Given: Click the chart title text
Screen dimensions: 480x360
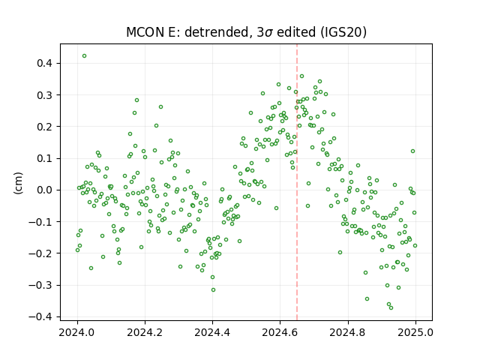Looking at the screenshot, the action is [246, 32].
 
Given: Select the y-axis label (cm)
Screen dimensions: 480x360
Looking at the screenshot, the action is [18, 183].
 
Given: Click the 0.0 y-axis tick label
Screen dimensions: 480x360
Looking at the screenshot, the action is [46, 190].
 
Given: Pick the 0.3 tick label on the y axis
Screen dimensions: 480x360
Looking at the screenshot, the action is [46, 95].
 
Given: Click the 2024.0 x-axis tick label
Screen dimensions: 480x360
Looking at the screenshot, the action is [77, 332].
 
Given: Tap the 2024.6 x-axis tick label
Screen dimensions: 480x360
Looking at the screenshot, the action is [280, 332].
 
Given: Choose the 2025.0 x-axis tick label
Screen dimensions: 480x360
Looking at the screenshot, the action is [415, 332].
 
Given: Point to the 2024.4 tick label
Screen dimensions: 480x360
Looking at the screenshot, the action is [212, 332].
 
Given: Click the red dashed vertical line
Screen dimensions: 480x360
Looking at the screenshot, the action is [297, 182].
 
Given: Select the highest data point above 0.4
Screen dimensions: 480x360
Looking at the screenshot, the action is [84, 56].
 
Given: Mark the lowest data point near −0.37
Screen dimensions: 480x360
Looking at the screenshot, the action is [391, 307].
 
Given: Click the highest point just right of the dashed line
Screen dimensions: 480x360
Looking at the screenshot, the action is [301, 76].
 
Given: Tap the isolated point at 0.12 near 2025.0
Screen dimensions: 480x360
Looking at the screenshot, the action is [412, 151].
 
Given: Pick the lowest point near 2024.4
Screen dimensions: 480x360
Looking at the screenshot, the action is [213, 290].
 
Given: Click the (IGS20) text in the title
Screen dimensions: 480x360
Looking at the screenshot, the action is [343, 32].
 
